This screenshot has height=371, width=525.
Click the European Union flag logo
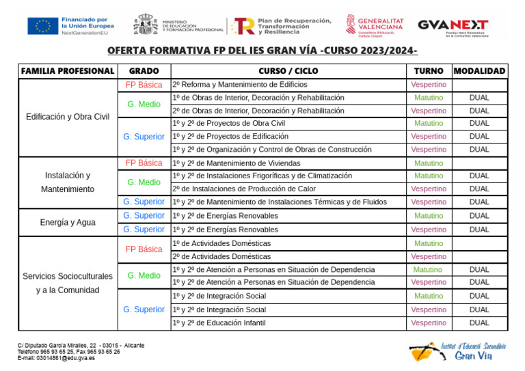click(x=42, y=26)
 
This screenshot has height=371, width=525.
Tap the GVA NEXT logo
click(x=453, y=26)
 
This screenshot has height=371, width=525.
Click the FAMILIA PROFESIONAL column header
click(x=68, y=71)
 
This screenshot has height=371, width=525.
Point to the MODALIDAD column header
click(x=479, y=71)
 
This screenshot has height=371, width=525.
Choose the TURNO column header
click(x=429, y=71)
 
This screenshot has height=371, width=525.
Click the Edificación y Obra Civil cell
click(x=68, y=117)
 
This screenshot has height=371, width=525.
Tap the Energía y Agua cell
click(x=68, y=223)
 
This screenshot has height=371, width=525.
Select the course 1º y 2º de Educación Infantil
click(x=219, y=323)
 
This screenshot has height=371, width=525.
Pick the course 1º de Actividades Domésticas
click(x=221, y=243)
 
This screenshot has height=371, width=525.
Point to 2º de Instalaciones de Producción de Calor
click(x=244, y=189)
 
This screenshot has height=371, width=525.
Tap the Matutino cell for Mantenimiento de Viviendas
click(x=429, y=163)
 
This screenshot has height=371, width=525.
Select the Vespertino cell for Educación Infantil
click(x=429, y=323)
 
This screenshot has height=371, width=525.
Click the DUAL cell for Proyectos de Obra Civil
click(x=479, y=124)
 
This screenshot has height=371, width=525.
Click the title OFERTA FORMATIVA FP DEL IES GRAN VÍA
click(x=262, y=52)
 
